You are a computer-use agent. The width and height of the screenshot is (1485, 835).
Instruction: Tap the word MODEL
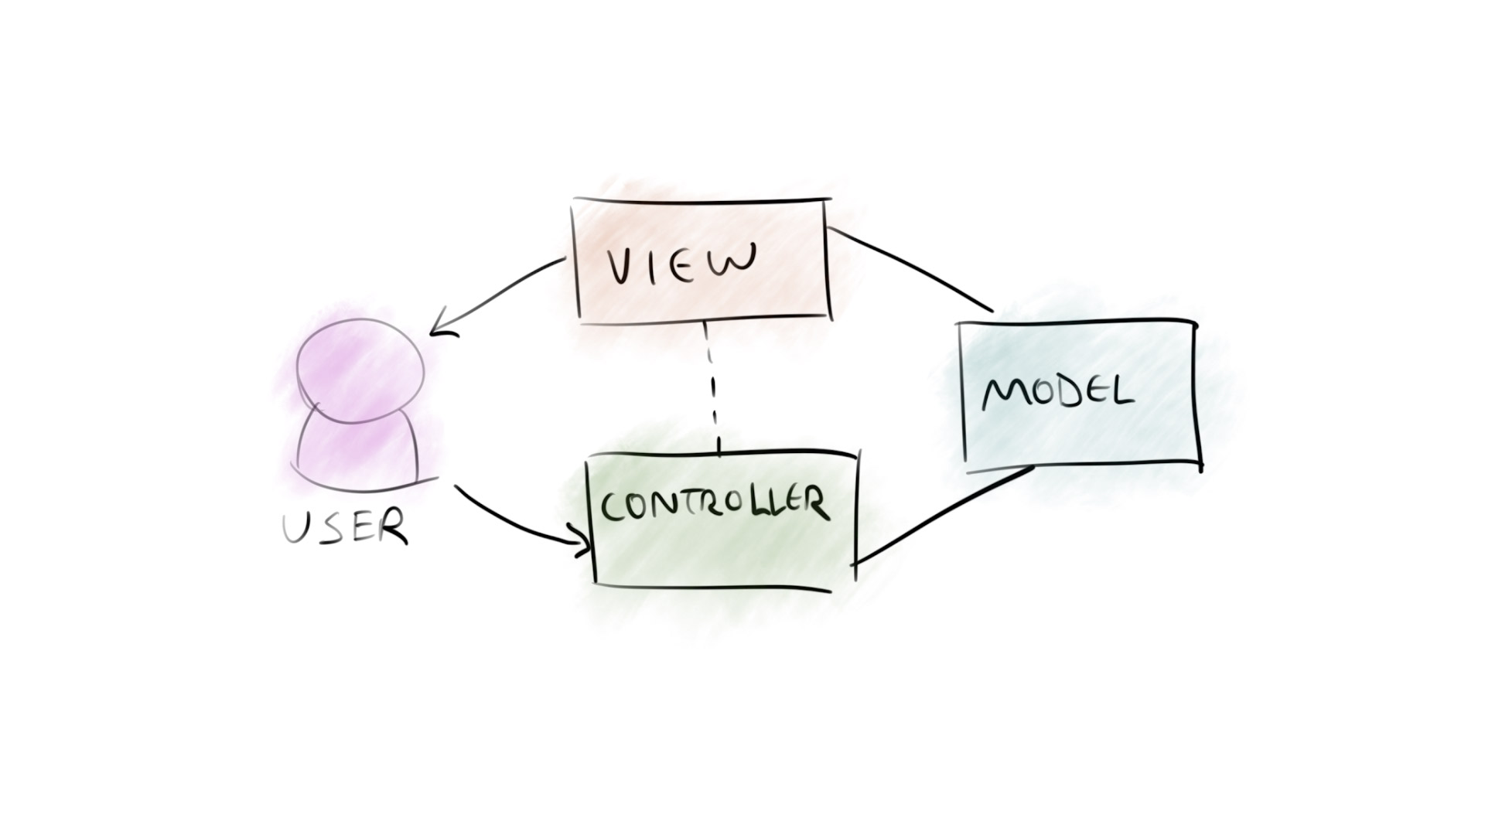click(x=1057, y=394)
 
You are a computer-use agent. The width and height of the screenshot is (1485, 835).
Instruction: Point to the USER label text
click(x=344, y=527)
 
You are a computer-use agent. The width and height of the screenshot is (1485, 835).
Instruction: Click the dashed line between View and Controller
click(x=712, y=387)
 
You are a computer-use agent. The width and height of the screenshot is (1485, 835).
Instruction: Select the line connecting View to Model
click(x=913, y=267)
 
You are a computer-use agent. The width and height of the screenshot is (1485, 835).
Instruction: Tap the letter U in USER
click(x=296, y=528)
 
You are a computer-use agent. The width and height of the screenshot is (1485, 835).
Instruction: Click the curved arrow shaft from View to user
click(x=503, y=290)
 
